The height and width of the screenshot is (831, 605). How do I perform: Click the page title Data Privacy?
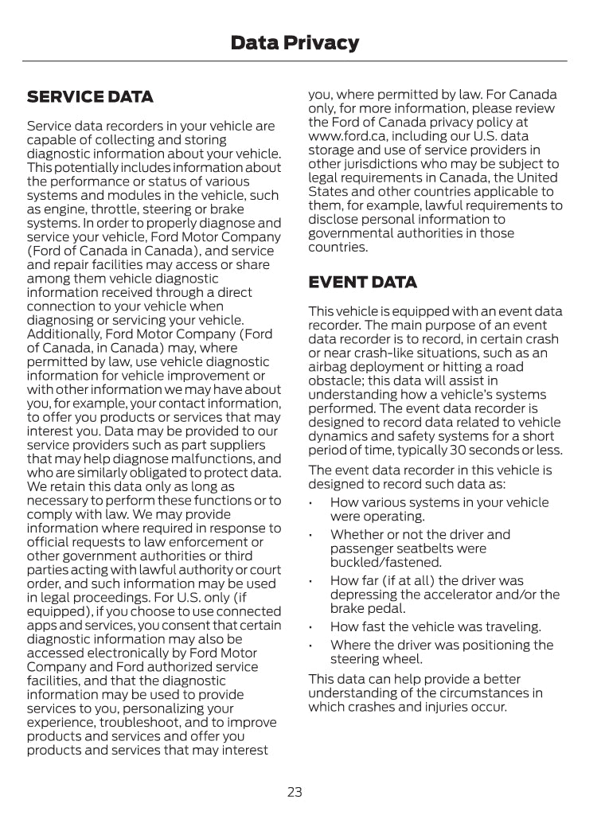point(295,43)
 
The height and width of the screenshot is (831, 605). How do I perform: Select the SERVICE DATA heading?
point(90,97)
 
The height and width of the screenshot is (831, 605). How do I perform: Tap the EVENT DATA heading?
point(362,283)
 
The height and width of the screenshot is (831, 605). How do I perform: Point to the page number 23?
point(295,792)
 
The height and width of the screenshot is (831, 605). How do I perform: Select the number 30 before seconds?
point(464,451)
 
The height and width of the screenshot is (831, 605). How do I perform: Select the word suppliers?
point(235,445)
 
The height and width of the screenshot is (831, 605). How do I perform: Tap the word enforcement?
point(217,542)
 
